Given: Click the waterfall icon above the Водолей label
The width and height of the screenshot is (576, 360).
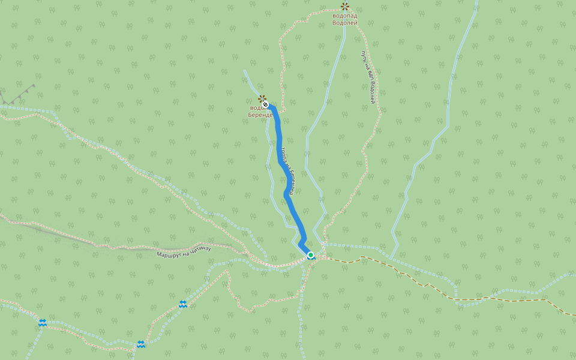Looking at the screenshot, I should click(x=344, y=7).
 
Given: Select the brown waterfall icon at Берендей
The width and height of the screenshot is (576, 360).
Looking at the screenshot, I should click(x=261, y=98).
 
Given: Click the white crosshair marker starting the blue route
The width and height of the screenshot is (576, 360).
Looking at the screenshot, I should click(x=265, y=104).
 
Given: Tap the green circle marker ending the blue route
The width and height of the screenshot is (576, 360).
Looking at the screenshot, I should click(x=311, y=255).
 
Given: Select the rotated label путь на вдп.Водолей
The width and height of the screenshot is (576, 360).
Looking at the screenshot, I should click(x=368, y=77).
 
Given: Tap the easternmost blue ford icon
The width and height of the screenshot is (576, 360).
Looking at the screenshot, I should click(x=183, y=304).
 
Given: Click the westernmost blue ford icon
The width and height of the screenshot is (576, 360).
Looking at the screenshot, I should click(x=43, y=323).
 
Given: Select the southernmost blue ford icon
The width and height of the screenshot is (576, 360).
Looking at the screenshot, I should click(x=140, y=344).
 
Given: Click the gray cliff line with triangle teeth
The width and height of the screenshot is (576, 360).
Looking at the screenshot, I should click(x=18, y=96).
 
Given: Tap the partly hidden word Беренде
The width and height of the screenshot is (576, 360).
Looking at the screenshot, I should click(x=260, y=115).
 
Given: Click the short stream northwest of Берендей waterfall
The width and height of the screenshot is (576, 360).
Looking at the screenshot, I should click(x=251, y=81).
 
